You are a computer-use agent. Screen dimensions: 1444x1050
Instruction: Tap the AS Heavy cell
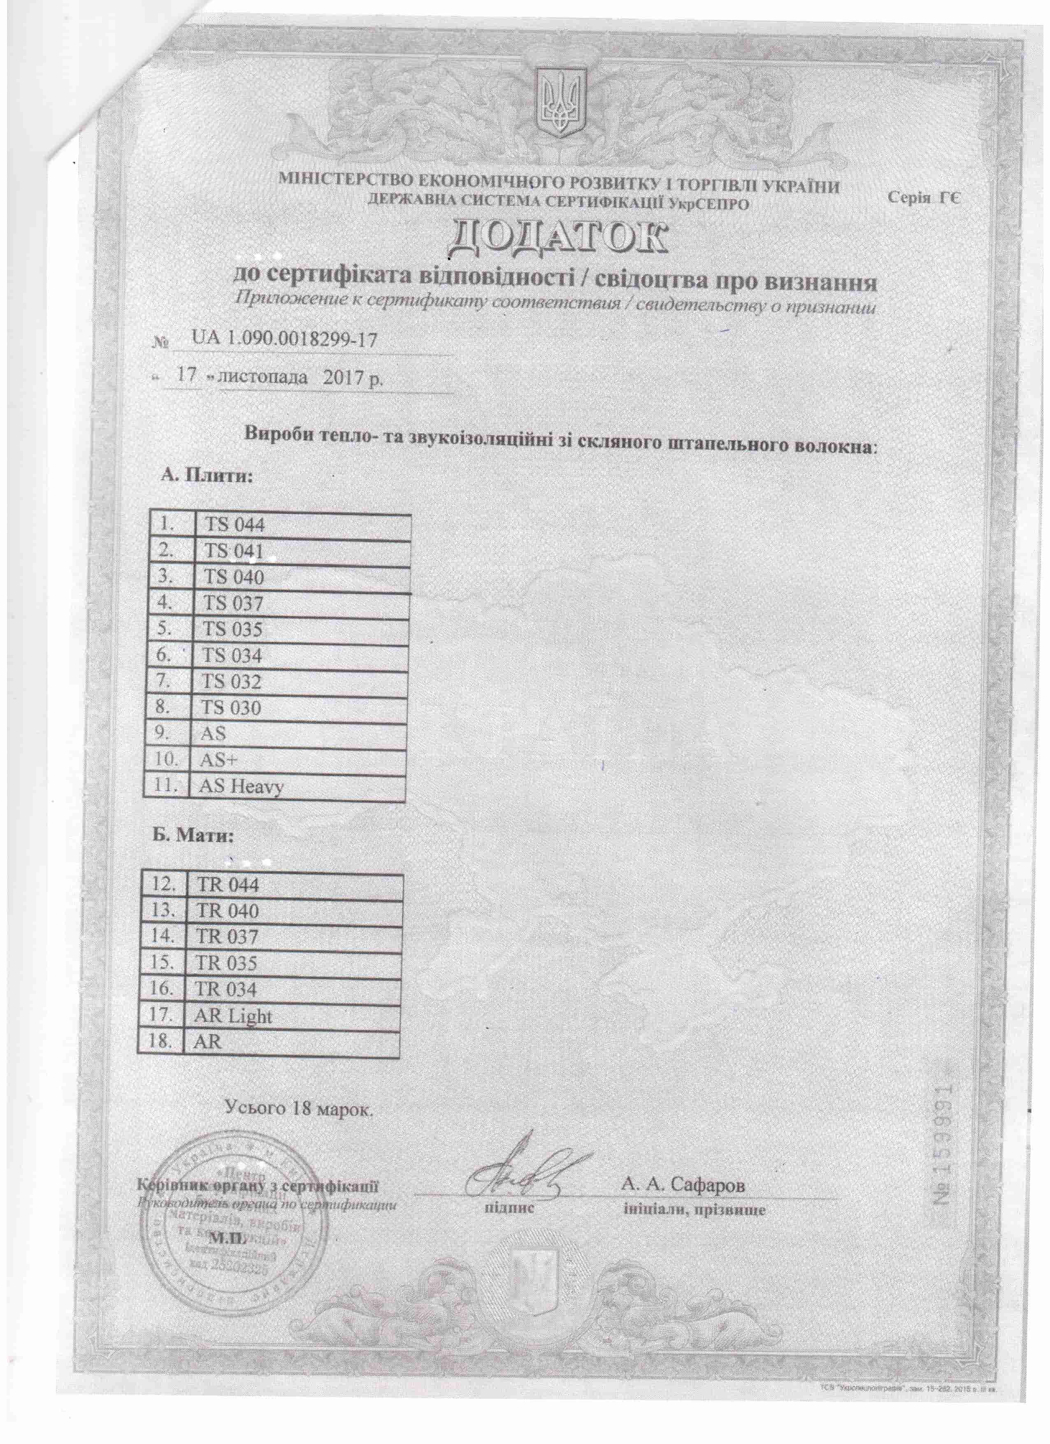[x=242, y=786]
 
